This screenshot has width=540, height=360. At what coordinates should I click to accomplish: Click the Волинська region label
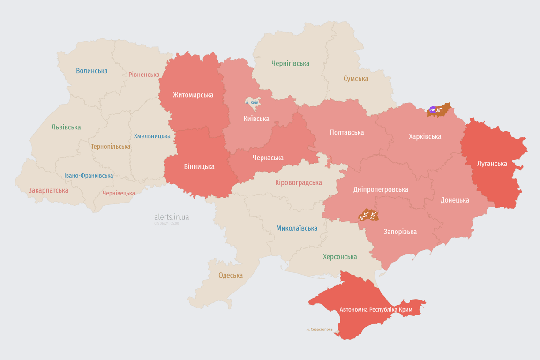coord(92,71)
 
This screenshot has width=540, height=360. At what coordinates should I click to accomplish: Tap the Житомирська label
coord(193,95)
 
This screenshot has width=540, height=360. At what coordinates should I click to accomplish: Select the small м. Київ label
coord(252,102)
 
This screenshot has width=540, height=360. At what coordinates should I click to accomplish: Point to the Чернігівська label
coord(290,64)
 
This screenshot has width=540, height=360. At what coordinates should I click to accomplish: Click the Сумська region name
coord(356,79)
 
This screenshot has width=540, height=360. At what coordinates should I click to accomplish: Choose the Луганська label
coord(492,164)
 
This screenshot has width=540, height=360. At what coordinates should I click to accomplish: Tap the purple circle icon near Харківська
coord(432,110)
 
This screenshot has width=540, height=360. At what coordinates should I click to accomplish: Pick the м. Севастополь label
coord(319,330)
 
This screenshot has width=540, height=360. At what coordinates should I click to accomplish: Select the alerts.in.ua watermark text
coord(172,217)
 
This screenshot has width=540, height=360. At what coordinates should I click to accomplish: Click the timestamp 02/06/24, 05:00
coord(166,224)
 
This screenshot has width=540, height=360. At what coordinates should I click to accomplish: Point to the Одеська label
coord(231,275)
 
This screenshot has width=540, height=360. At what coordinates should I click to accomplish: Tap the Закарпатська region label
coord(48,190)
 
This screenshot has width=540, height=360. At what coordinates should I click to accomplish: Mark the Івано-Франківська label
coord(89,176)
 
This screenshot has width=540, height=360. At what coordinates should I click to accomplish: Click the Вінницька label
coord(199,167)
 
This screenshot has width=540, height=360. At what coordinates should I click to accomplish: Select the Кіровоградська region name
coord(299,182)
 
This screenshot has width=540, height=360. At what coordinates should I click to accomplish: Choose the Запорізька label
coord(400,232)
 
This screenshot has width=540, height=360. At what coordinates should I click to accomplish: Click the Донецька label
coord(455,200)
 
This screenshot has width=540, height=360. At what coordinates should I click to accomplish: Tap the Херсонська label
coord(340,257)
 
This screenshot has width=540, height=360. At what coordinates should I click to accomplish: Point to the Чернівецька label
coord(119,193)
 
